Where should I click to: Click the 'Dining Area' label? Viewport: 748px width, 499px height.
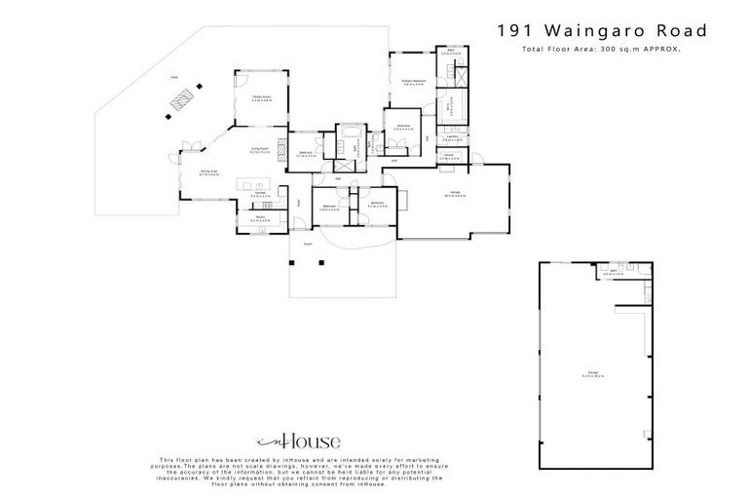[209, 173]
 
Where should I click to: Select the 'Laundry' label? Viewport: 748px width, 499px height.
[453, 137]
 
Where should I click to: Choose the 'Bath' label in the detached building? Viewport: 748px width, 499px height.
[610, 273]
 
